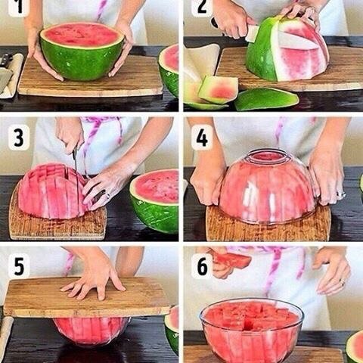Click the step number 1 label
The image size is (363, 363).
[x=19, y=7]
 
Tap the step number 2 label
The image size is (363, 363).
[x=202, y=7]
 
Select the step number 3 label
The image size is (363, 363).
[x=19, y=138]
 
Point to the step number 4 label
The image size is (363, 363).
[x=202, y=138]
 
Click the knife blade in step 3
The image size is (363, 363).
[x=75, y=161]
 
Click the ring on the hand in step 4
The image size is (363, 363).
[x=342, y=194]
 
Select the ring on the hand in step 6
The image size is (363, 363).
[x=342, y=283]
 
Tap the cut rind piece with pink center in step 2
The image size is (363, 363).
[x=219, y=90]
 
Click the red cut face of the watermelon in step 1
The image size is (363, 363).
[x=82, y=34]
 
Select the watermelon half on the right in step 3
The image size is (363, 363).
[x=155, y=200]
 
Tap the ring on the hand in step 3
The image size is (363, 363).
[x=108, y=195]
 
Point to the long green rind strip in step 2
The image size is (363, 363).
[x=266, y=99]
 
